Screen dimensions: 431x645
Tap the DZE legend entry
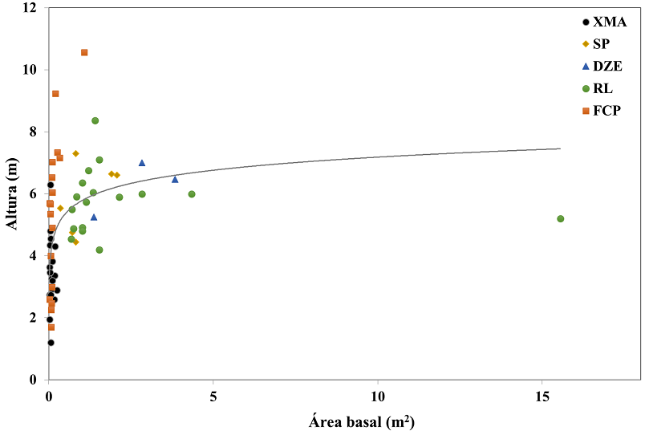(598, 67)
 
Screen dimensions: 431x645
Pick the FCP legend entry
(598, 111)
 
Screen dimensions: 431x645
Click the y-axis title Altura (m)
(12, 194)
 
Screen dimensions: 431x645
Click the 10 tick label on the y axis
(30, 70)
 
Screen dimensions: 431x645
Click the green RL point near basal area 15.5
(561, 218)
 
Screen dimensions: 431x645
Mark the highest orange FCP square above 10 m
(84, 52)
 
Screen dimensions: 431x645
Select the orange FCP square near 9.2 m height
(55, 94)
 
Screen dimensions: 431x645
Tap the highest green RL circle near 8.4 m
(95, 120)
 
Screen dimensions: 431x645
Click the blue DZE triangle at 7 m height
(142, 163)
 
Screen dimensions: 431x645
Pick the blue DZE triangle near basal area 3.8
(175, 179)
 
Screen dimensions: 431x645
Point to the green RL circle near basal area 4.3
(192, 194)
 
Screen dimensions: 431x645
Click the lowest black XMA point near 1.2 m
(51, 343)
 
